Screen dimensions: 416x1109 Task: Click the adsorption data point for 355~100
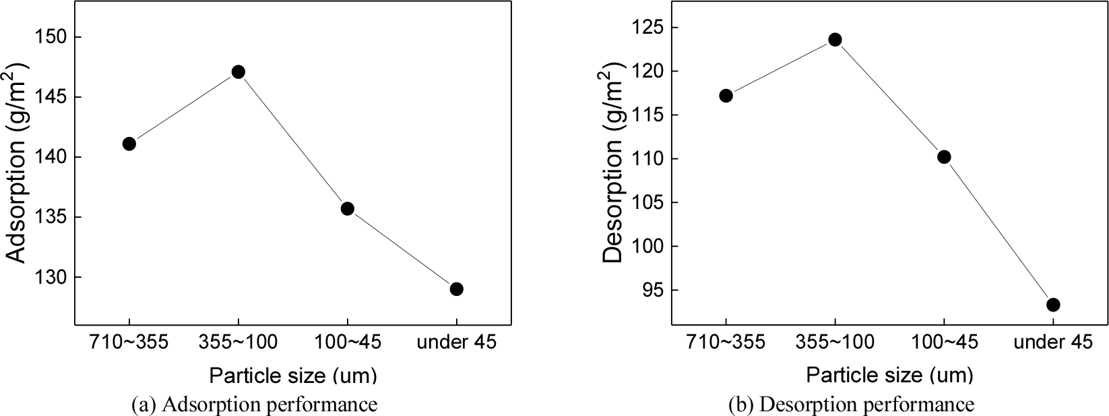point(238,72)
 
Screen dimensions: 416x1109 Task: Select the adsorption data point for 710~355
point(129,144)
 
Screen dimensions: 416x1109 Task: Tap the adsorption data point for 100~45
point(347,208)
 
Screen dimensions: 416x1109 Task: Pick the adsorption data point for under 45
point(456,289)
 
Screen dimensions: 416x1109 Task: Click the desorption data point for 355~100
point(835,40)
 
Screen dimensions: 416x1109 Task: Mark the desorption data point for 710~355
point(726,96)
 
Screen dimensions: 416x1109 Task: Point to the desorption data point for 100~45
point(944,157)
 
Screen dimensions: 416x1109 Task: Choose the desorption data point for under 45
point(1053,305)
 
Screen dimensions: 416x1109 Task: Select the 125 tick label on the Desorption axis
point(646,28)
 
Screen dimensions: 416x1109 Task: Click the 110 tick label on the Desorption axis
point(646,159)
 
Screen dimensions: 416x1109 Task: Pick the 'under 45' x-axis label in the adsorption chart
point(456,343)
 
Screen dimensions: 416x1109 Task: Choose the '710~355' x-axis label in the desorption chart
point(726,343)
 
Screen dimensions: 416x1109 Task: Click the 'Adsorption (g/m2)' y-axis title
point(18,162)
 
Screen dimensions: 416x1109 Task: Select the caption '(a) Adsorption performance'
point(254,405)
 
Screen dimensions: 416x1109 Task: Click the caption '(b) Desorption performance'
point(851,405)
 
